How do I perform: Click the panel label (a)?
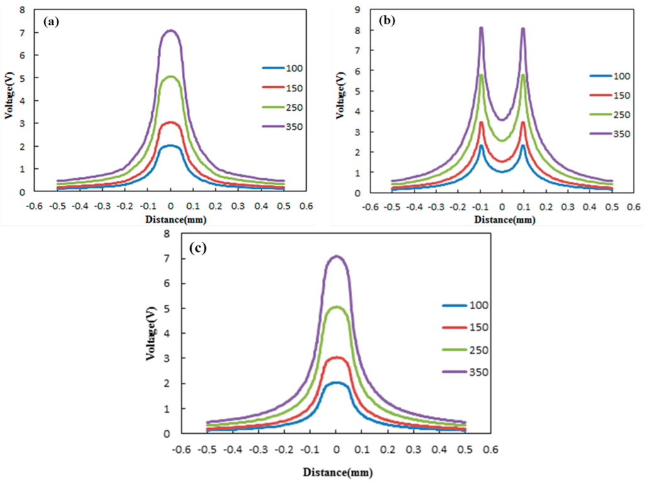[x=51, y=21]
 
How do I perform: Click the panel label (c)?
[x=198, y=247]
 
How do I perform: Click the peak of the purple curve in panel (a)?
[x=171, y=30]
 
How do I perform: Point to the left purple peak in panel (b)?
[x=481, y=28]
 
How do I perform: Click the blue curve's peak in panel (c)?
[x=336, y=382]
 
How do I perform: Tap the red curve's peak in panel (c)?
[x=336, y=358]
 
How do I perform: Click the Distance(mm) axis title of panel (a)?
[x=171, y=220]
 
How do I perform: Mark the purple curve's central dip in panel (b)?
[x=502, y=120]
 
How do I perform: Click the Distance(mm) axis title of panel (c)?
[x=336, y=471]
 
